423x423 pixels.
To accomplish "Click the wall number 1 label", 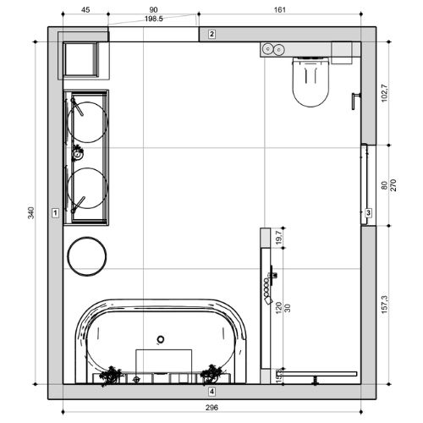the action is point(55,212).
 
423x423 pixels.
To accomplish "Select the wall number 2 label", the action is point(211,34).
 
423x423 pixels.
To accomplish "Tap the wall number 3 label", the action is point(368,212).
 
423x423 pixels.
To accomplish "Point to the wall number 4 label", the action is point(211,392).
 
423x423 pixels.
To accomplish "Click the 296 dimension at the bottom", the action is point(211,408).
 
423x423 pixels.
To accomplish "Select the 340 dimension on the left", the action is point(31,212).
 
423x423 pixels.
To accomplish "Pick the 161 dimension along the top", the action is point(280,10).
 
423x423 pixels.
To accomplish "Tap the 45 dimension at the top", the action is point(85,10).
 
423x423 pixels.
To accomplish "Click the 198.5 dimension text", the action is point(154,19).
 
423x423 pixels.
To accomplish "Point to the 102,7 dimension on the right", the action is point(384,93).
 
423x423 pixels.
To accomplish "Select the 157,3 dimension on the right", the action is point(384,305).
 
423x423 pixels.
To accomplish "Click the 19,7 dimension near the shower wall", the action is point(279,238).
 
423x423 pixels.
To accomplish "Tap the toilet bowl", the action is point(310,82).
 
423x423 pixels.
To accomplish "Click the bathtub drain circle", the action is point(161,339).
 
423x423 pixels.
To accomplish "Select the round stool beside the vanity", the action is point(87,256).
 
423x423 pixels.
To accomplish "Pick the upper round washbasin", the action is point(87,122).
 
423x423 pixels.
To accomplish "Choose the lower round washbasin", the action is point(87,189).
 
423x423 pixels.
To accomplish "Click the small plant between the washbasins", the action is point(77,153).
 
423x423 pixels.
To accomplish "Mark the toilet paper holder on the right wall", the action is point(355,101).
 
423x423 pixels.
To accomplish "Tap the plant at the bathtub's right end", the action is point(211,374).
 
